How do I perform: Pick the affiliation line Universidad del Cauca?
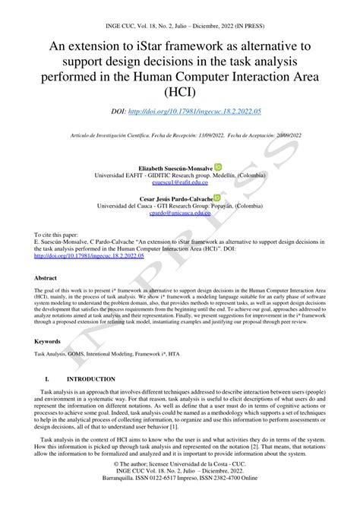(x=179, y=206)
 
